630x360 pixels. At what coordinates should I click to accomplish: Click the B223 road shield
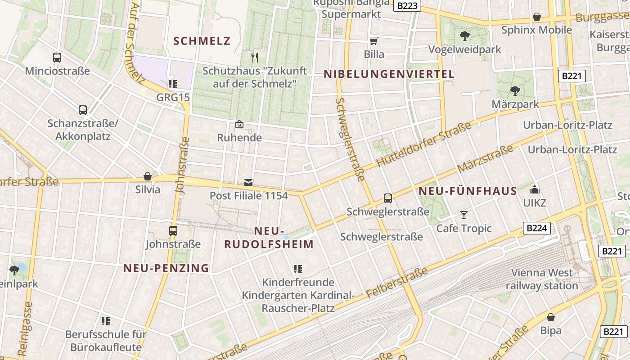407,5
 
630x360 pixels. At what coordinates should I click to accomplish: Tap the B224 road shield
537,228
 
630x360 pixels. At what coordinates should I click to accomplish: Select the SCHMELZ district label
202,41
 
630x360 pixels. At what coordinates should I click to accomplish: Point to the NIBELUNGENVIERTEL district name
389,74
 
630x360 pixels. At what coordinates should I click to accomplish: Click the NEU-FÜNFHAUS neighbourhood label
468,191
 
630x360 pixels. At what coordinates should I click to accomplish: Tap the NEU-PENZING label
166,268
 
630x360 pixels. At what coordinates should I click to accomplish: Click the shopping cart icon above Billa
373,41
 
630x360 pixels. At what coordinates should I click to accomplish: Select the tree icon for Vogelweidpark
465,36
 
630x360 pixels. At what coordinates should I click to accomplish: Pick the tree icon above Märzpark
515,91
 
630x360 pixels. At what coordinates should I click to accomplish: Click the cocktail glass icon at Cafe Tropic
464,215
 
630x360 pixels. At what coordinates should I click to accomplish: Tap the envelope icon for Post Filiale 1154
248,183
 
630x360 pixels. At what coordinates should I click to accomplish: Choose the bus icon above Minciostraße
57,58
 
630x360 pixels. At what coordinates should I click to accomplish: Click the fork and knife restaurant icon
254,57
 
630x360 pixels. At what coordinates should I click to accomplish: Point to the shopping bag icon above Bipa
551,317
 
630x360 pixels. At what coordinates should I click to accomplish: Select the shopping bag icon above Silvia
148,176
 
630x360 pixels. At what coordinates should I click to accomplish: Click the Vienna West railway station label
541,279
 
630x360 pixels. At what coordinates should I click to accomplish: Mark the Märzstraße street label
485,158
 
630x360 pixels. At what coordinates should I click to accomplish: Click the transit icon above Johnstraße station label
173,231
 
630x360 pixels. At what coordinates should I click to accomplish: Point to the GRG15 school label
173,97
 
